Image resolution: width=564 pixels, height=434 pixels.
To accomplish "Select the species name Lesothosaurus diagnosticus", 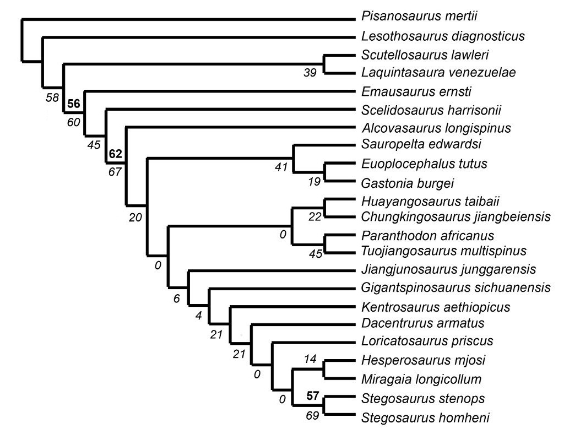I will point(443,37).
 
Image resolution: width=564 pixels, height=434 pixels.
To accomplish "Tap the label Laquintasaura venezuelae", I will point(439,73).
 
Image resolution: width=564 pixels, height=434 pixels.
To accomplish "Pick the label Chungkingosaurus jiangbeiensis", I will point(456,216).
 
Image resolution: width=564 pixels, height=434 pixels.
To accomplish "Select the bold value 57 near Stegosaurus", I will point(312,394).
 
